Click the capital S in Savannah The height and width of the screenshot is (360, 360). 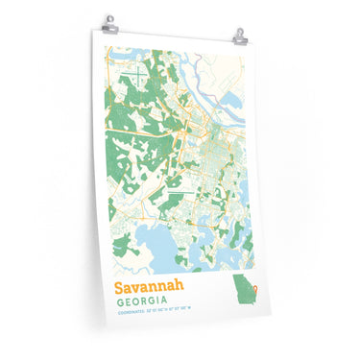coord(120,287)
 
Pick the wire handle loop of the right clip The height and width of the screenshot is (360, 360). coord(240,31)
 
